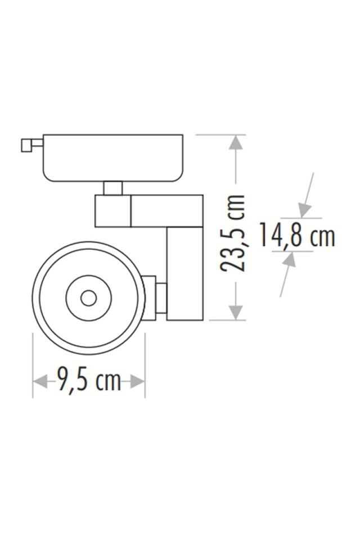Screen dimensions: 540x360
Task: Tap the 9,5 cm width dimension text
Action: (89, 381)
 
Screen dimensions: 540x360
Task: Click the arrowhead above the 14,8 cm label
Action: (304, 211)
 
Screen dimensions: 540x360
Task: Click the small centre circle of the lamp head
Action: (88, 298)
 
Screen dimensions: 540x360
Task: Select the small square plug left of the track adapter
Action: (26, 145)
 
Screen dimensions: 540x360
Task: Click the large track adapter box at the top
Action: (113, 157)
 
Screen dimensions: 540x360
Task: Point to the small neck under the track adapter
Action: (113, 188)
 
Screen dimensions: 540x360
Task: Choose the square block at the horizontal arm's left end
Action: (112, 211)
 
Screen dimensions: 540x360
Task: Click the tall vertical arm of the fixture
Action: (184, 273)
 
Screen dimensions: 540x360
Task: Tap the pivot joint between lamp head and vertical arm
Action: (155, 298)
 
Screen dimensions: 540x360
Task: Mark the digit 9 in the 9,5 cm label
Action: (63, 381)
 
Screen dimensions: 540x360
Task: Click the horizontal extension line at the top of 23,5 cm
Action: (219, 134)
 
